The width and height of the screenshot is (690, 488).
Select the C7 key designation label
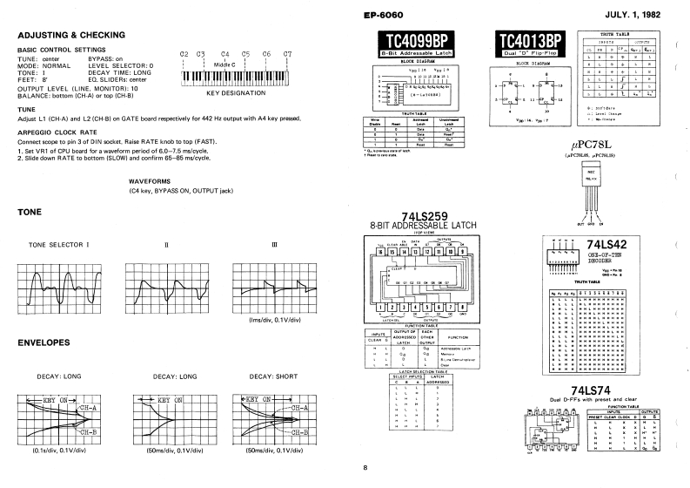click(x=286, y=55)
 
